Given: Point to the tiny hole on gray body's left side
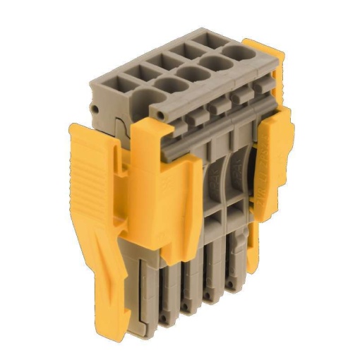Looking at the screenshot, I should tap(94, 110).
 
